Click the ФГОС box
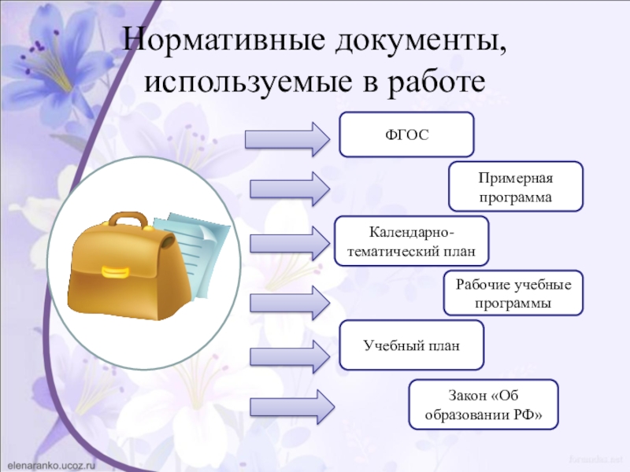pyautogui.click(x=406, y=134)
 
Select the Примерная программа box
pyautogui.click(x=516, y=186)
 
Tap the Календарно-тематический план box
pyautogui.click(x=411, y=240)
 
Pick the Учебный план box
pyautogui.click(x=411, y=345)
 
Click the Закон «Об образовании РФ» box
pyautogui.click(x=484, y=404)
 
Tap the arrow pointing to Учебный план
pyautogui.click(x=290, y=354)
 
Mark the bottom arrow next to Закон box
pyautogui.click(x=291, y=407)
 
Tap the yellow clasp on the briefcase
pyautogui.click(x=115, y=272)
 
